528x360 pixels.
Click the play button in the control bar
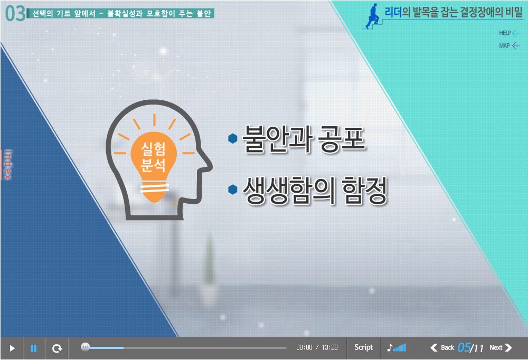coord(12,348)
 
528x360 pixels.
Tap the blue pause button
coord(34,348)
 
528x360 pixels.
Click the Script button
coord(363,347)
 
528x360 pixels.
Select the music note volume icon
coord(397,347)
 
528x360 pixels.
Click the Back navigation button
coord(442,347)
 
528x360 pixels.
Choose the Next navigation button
coord(501,347)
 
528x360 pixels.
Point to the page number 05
coord(464,347)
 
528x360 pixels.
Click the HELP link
coord(509,33)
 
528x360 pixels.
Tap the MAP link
coord(509,46)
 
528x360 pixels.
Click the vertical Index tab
coord(7,165)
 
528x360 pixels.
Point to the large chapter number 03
coord(15,14)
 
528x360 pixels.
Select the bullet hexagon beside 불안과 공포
coord(233,138)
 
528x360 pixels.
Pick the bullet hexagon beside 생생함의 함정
coord(233,190)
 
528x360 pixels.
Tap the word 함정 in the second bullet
coord(364,190)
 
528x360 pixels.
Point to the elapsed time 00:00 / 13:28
coord(317,347)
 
